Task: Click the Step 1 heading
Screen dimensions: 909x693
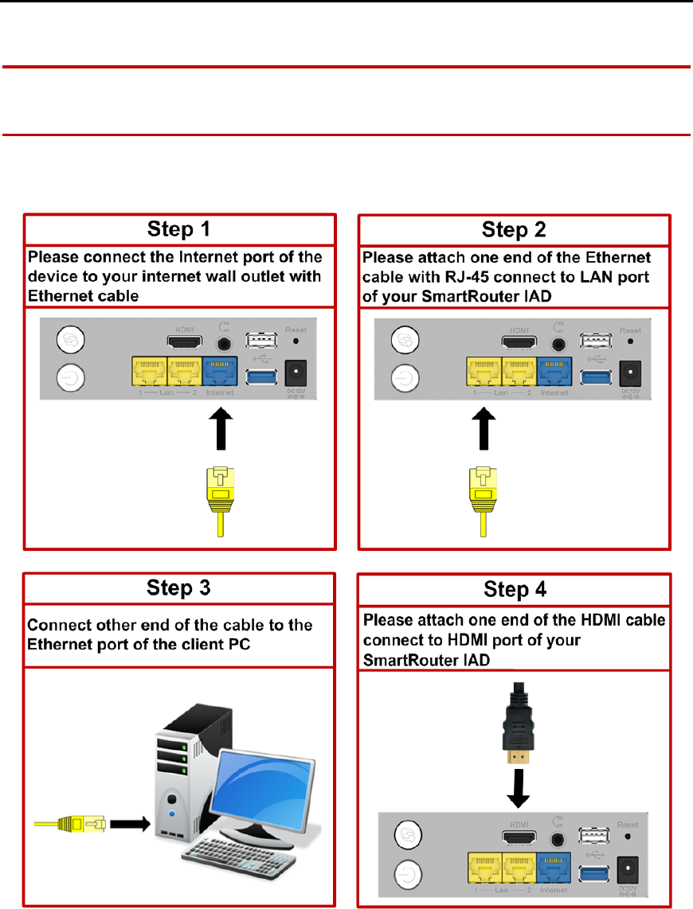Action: [x=179, y=230]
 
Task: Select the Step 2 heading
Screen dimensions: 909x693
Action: [x=514, y=230]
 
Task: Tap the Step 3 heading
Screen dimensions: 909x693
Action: [x=179, y=588]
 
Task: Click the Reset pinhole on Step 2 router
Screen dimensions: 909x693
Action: [x=631, y=340]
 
